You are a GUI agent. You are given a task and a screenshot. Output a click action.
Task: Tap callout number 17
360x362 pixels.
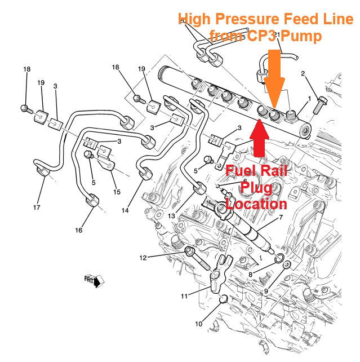click(x=37, y=208)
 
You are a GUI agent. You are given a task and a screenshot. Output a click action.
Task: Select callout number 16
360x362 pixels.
click(x=79, y=229)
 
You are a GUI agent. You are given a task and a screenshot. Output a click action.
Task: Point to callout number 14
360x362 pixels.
click(x=125, y=210)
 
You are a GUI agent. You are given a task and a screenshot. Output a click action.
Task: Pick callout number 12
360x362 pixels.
click(x=143, y=258)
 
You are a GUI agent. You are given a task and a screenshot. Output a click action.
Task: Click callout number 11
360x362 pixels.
click(x=184, y=295)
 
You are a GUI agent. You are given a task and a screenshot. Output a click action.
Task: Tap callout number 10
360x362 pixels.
click(x=198, y=324)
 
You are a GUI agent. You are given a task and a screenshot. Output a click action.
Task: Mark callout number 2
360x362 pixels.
click(x=303, y=74)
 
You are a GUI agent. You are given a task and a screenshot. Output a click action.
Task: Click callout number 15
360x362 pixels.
click(x=117, y=192)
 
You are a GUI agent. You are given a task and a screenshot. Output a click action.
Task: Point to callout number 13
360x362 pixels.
click(x=170, y=216)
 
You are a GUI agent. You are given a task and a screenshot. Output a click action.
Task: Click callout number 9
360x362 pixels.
click(x=265, y=291)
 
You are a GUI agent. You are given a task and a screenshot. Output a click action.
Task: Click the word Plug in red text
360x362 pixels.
click(x=256, y=187)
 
